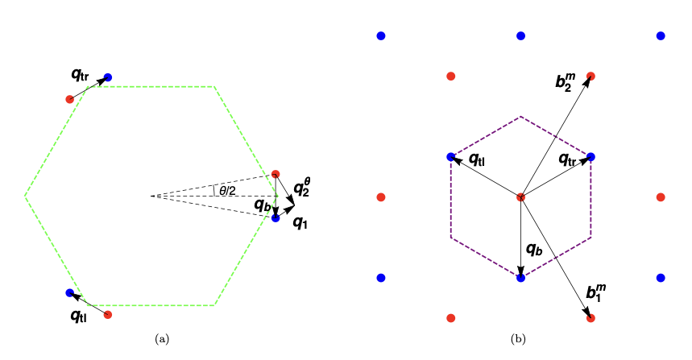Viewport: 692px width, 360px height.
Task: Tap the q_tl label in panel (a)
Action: coord(79,315)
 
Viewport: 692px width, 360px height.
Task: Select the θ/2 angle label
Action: coord(227,191)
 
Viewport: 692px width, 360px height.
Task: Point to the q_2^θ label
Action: coord(301,187)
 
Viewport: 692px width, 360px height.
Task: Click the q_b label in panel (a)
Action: coord(263,205)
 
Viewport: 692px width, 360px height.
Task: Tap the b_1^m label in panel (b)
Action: coord(595,293)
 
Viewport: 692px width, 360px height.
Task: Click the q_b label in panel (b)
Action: coord(534,249)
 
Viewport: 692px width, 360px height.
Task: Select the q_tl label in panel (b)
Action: coord(477,159)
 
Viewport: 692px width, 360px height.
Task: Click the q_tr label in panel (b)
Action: coord(569,159)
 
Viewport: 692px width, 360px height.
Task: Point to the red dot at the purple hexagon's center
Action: coord(520,197)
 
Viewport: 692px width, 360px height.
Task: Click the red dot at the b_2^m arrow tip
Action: coord(590,76)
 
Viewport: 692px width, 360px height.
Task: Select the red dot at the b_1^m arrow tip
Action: coord(590,318)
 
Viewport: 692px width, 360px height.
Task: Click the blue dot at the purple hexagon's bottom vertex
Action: coord(520,278)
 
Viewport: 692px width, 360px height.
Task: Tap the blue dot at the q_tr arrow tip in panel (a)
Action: coord(108,77)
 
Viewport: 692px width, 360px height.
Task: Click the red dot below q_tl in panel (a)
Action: coord(108,314)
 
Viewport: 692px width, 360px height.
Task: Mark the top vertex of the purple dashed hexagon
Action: coord(520,117)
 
